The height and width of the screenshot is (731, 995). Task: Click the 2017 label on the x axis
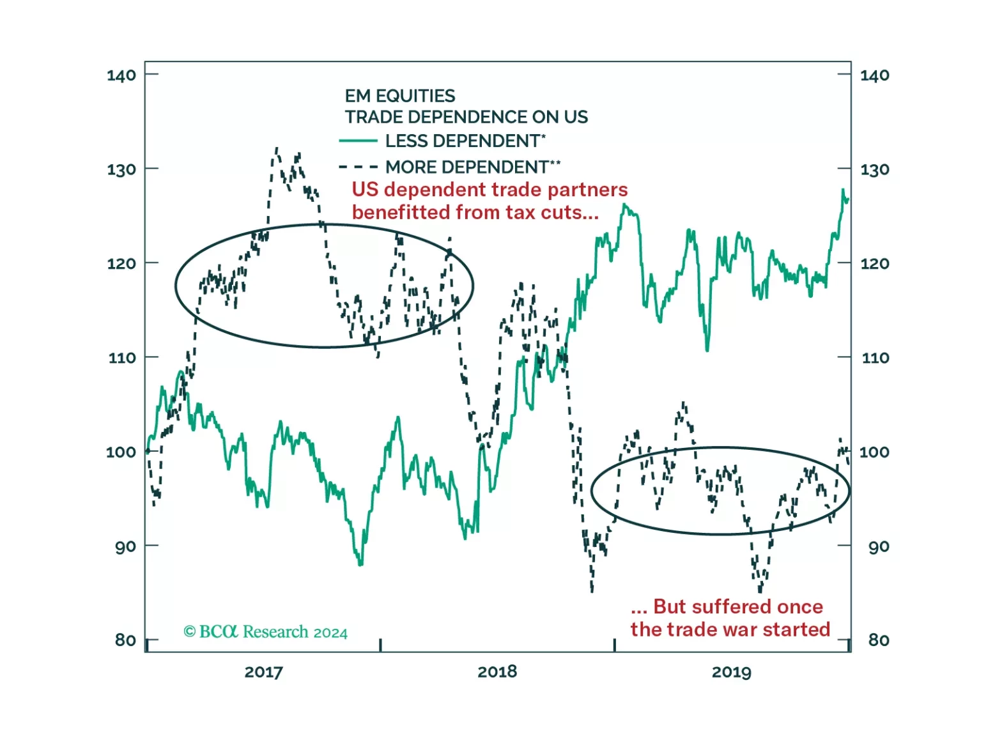tap(263, 672)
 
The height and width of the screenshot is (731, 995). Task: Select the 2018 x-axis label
tap(497, 672)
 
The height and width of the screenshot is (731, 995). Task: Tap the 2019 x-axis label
tap(731, 672)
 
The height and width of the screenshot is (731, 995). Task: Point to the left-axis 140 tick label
tap(121, 75)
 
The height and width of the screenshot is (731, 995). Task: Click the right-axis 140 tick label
tap(874, 75)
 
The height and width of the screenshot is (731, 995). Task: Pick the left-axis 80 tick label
tap(125, 640)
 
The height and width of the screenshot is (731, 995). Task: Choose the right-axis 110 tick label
tap(875, 358)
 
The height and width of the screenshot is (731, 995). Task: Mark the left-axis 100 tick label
tap(121, 452)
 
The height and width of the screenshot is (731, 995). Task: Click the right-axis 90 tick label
tap(878, 546)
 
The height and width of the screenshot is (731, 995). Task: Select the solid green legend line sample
tap(358, 141)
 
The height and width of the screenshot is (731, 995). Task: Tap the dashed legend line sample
tap(358, 167)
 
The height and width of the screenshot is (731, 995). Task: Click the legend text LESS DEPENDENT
tap(463, 141)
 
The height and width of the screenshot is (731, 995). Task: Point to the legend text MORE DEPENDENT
tap(467, 167)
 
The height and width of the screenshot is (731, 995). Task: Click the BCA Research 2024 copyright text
tap(266, 632)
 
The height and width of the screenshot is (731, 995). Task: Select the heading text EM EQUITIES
tap(400, 96)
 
